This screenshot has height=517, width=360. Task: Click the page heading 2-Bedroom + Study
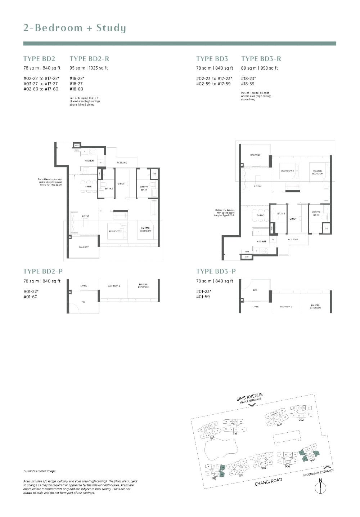tap(75, 28)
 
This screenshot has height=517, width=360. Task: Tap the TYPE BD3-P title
tap(216, 271)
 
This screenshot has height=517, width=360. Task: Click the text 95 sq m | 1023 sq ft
tap(89, 68)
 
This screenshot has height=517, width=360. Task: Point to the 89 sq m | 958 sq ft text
tap(259, 68)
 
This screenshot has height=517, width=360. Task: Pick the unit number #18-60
tap(76, 89)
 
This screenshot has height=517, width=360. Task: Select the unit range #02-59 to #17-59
tap(213, 84)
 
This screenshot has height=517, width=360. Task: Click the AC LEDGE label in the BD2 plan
tap(122, 162)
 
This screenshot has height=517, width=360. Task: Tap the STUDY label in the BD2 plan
tap(121, 184)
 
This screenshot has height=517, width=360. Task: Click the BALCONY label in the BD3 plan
tap(255, 155)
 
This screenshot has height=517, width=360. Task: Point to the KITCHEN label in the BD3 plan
tap(261, 241)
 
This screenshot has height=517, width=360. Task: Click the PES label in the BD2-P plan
tap(84, 302)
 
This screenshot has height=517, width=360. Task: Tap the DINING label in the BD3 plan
tap(261, 215)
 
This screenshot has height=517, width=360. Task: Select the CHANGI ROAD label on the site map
tap(268, 482)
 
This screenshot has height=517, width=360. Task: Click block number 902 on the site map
tap(301, 420)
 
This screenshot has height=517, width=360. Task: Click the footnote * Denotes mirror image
tap(40, 471)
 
